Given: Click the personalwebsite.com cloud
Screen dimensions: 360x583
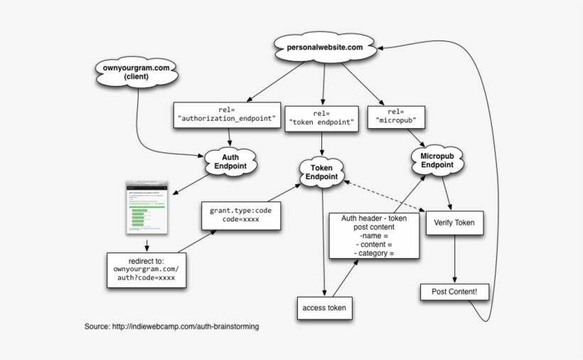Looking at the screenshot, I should click(324, 48).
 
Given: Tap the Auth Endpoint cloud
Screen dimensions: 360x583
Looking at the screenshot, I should click(229, 161).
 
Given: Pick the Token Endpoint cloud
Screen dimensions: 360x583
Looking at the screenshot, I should click(322, 171).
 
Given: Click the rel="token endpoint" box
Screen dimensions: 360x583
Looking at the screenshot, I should click(322, 118).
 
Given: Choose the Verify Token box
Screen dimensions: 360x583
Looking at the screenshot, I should click(454, 223).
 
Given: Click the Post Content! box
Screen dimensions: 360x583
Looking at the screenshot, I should click(454, 292).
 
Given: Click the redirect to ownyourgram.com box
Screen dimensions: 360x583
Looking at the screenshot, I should click(146, 270).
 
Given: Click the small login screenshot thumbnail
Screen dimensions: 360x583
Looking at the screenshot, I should click(146, 207).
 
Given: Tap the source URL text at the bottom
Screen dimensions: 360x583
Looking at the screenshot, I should click(171, 327).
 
